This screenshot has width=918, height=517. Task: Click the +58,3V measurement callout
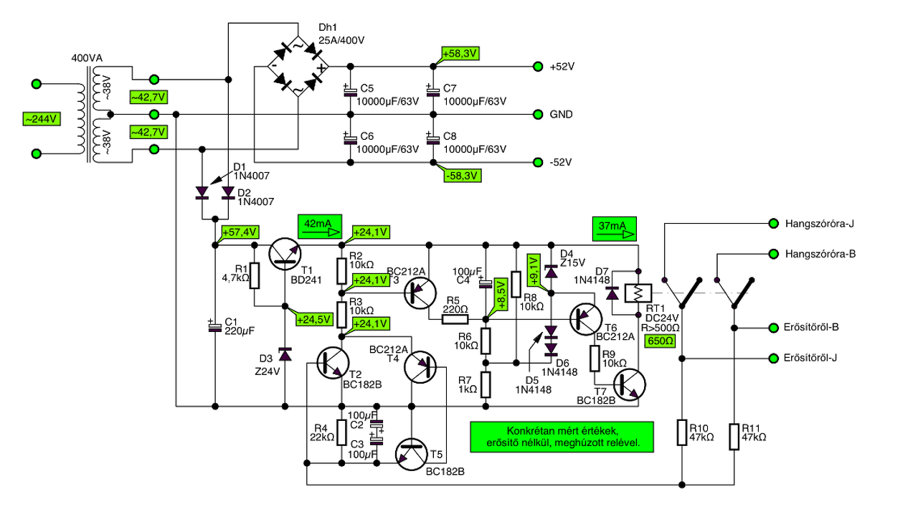[x=460, y=54]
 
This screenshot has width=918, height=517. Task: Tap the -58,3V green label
[x=463, y=176]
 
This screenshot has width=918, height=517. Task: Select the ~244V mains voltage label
[x=42, y=119]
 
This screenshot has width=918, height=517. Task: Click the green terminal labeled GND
[x=538, y=114]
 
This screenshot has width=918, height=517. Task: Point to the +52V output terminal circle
[x=538, y=67]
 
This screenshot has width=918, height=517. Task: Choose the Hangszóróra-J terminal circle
[x=773, y=223]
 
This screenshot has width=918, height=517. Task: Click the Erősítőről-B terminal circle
[x=773, y=328]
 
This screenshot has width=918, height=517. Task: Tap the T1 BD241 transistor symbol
[x=285, y=254]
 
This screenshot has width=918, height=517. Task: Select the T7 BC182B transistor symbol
[x=630, y=384]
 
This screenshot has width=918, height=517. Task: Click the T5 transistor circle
[x=412, y=455]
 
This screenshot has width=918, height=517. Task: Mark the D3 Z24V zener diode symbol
[x=285, y=354]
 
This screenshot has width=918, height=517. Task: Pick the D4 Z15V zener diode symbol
[x=552, y=272]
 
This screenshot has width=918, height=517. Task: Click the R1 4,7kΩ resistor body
[x=255, y=276]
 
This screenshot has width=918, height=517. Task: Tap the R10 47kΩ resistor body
[x=682, y=432]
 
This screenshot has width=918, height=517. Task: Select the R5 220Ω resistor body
[x=455, y=319]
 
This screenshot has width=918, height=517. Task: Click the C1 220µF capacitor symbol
[x=214, y=326]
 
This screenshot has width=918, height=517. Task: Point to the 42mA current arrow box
[x=320, y=227]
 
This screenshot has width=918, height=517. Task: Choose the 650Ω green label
[x=660, y=341]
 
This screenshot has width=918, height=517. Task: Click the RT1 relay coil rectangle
[x=638, y=293]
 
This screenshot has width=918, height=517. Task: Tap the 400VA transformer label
[x=87, y=58]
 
